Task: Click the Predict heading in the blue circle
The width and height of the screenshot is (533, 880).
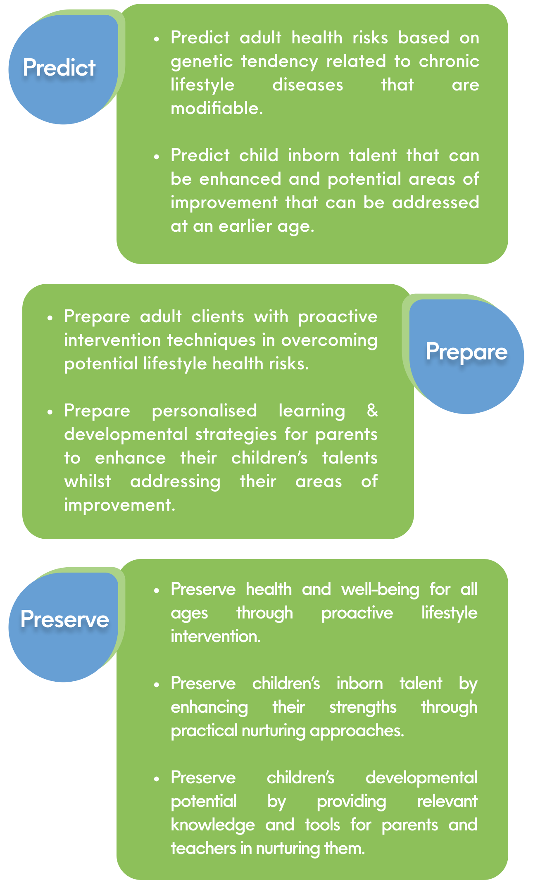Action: [59, 67]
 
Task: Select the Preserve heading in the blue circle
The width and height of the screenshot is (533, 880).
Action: [65, 619]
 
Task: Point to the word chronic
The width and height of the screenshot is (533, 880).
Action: [449, 61]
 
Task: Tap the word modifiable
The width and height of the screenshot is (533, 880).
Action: [217, 108]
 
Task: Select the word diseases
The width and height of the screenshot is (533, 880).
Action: [308, 85]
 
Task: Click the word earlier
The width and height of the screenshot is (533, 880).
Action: [245, 226]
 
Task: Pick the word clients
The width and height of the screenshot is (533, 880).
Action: [218, 316]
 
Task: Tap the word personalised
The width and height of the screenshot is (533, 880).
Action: [205, 411]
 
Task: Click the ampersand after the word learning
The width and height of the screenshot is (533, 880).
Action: [372, 411]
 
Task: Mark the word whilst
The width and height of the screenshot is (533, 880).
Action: [88, 481]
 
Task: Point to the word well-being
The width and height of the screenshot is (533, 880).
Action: [381, 590]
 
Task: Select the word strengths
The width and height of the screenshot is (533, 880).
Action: [363, 707]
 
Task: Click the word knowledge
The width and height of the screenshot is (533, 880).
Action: [213, 825]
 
